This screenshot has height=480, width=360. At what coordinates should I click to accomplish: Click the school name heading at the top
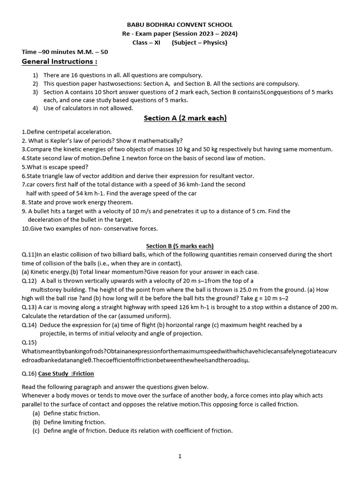coord(180,25)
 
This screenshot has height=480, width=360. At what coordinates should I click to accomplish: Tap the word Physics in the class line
coord(215,43)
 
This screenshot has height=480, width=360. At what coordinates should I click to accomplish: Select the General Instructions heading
coord(60,61)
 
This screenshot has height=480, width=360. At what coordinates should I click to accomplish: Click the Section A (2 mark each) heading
coord(185,118)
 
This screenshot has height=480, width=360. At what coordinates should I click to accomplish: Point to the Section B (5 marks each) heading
coord(180,246)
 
